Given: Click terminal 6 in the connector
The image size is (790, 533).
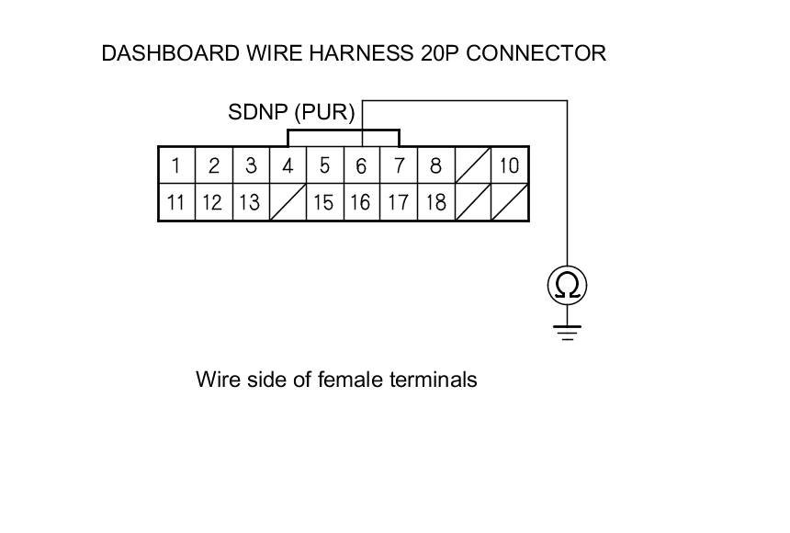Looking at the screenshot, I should (361, 166).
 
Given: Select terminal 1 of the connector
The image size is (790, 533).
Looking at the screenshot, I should (175, 166).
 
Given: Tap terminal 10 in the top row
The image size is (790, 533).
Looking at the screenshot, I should (509, 166).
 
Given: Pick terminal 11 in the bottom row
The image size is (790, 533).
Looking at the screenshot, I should (175, 202).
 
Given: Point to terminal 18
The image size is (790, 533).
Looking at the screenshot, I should (435, 202).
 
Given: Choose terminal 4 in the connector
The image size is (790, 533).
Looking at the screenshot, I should (288, 166).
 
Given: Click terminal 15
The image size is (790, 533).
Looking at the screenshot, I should (323, 202).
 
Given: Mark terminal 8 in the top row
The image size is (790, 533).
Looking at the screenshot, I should (435, 166).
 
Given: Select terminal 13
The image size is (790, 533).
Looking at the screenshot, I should (249, 202).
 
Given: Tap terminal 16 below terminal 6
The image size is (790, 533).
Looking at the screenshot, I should (361, 202).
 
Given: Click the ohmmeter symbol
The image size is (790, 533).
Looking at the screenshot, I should (567, 287).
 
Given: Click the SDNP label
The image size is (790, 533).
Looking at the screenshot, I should (257, 113).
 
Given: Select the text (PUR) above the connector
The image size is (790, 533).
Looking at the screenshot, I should (324, 113).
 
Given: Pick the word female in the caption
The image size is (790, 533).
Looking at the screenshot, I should (348, 379).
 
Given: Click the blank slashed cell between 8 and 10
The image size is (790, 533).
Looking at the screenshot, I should (472, 166).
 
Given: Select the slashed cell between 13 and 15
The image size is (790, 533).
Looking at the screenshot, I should (288, 202).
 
